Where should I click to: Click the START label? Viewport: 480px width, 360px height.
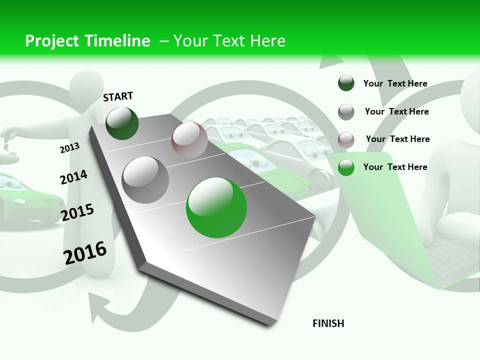click(118, 96)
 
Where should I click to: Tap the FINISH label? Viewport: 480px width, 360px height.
click(328, 323)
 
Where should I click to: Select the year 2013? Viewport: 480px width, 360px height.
click(69, 148)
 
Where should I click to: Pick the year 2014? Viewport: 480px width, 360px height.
click(73, 177)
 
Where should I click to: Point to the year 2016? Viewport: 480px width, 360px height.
click(85, 252)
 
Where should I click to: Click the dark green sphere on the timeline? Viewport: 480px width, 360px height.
click(122, 123)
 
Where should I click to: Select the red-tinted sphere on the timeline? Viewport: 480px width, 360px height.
click(189, 140)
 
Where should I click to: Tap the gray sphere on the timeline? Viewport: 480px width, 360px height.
click(145, 180)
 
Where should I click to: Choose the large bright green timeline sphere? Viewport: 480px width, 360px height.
click(216, 207)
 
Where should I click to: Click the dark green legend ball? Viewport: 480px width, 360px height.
click(346, 83)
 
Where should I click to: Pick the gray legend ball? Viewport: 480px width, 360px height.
click(346, 111)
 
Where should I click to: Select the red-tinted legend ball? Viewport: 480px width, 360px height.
click(346, 139)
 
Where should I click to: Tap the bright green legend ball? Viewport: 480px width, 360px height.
click(346, 167)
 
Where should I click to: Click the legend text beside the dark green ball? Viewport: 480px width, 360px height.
click(395, 83)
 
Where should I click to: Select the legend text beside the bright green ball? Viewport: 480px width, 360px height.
click(395, 167)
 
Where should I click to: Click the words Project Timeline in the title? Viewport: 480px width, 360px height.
click(87, 41)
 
